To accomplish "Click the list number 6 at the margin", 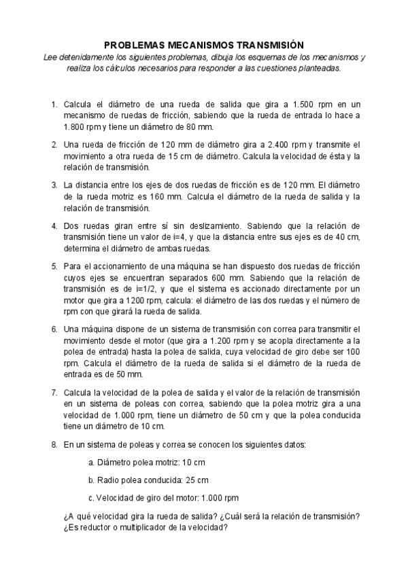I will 54,329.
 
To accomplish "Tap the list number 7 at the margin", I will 54,393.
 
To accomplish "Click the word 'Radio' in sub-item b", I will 109,480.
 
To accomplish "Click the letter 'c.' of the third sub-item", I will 91,497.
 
